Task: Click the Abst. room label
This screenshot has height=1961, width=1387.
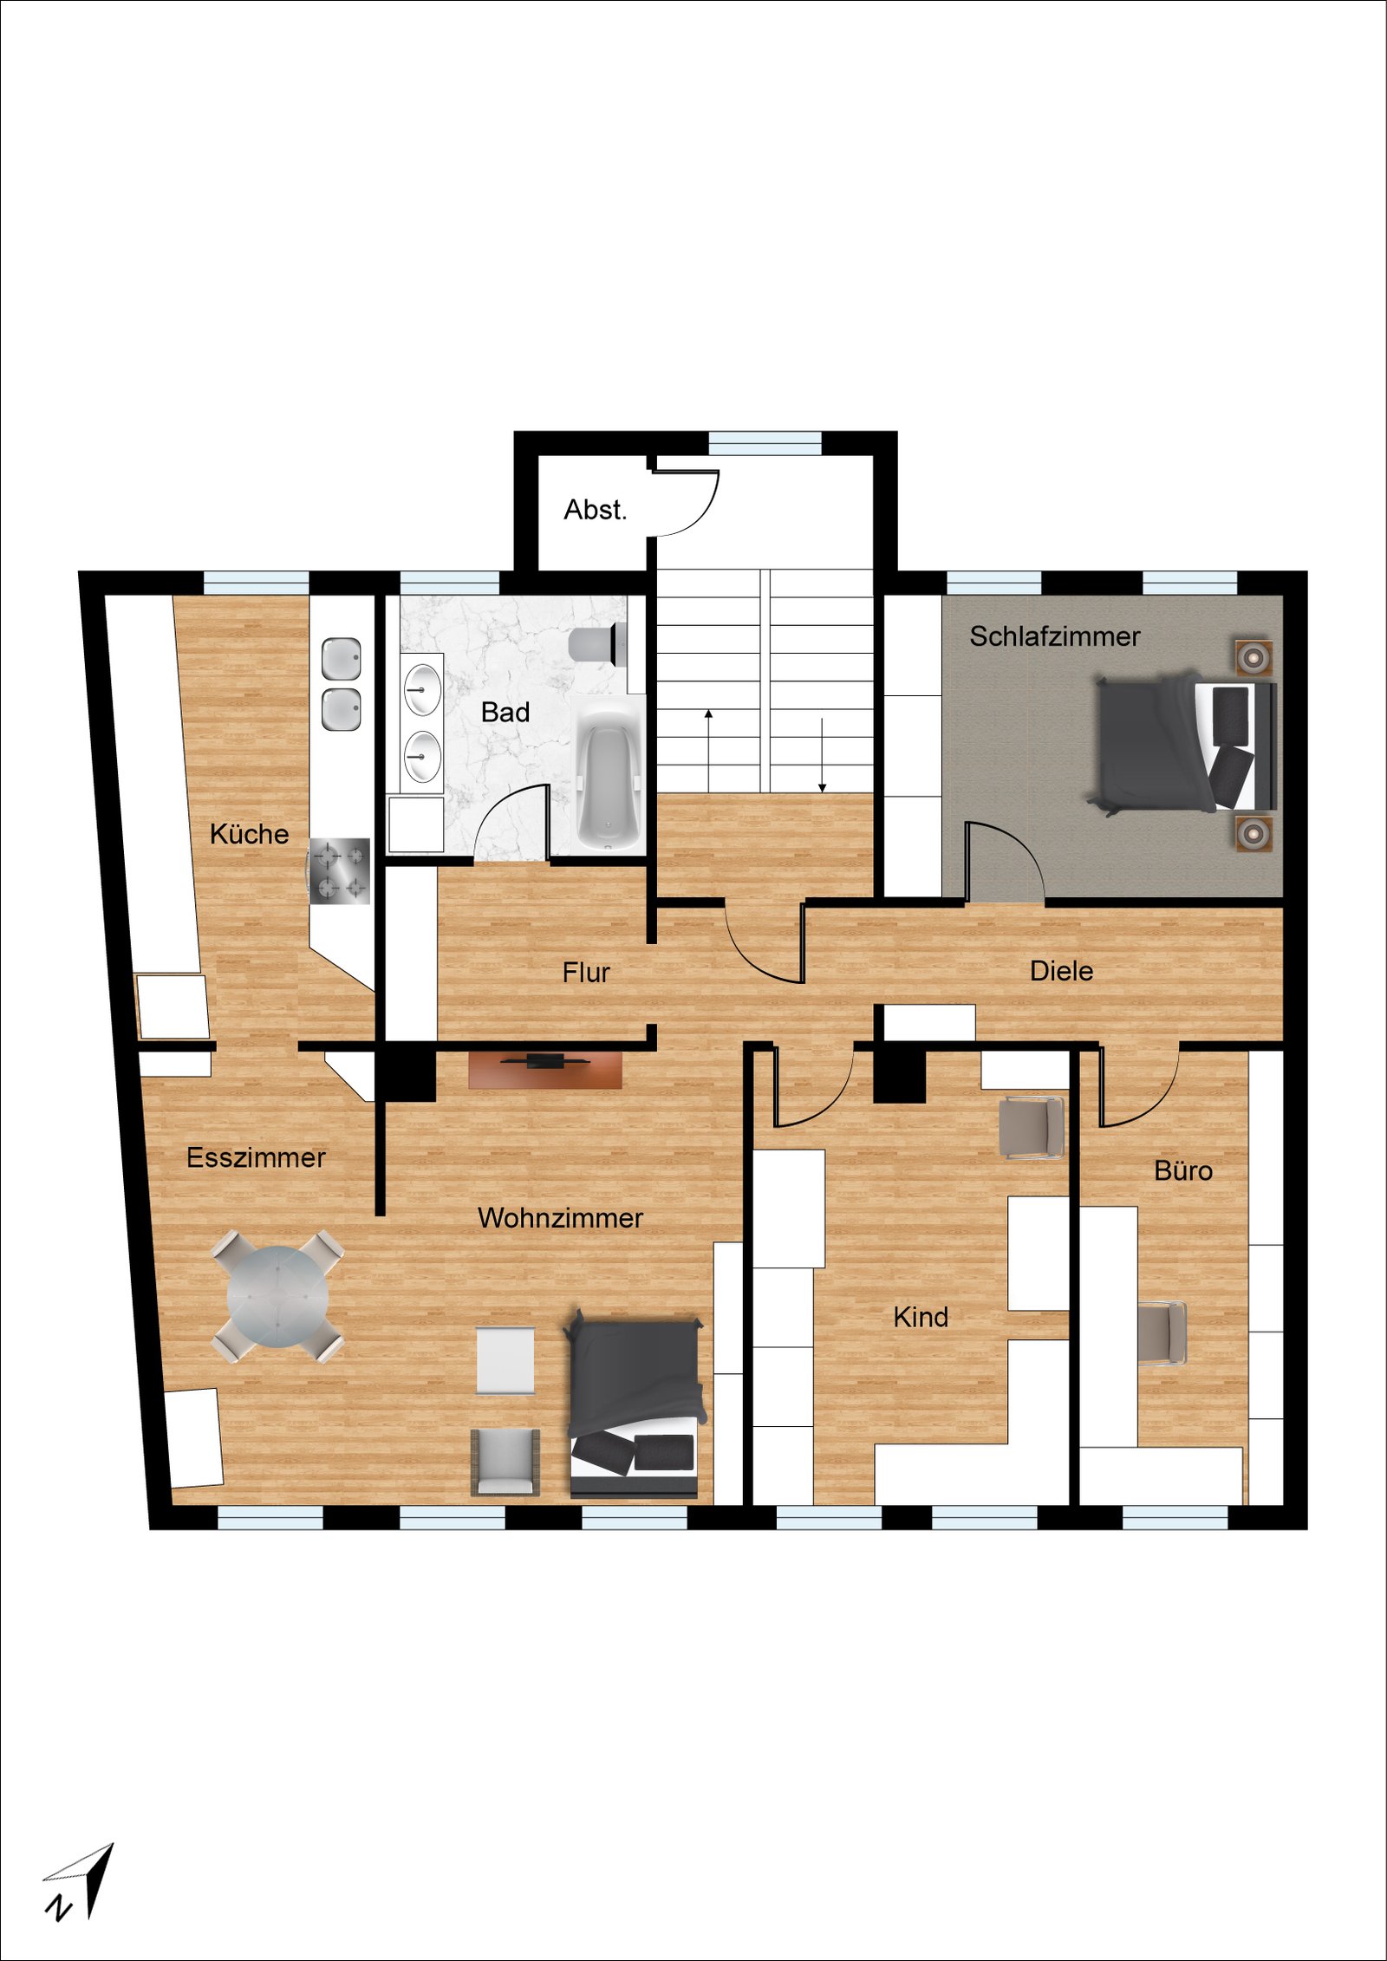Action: [595, 510]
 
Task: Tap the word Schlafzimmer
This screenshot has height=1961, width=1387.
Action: [1054, 636]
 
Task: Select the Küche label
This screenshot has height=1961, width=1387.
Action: [249, 834]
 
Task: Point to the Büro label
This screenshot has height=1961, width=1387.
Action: [1183, 1170]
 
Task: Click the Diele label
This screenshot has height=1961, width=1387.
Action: [1061, 971]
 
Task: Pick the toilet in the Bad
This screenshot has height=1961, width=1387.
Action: [597, 643]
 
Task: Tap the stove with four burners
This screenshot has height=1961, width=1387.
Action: [340, 871]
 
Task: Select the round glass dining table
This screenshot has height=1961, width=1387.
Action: [278, 1295]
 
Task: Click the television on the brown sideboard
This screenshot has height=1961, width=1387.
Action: [545, 1059]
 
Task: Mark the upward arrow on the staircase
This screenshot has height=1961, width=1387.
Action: [708, 751]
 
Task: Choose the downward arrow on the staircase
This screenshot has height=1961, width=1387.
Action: [822, 755]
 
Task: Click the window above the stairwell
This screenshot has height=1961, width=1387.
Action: [765, 443]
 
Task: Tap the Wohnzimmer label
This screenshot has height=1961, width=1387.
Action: [560, 1218]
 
